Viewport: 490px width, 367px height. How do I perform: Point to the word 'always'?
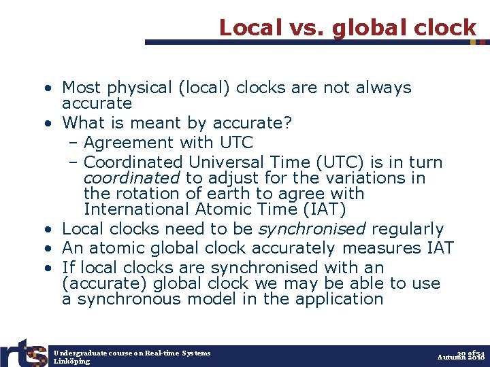click(384, 88)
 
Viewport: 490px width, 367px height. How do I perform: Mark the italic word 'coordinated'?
click(131, 178)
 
